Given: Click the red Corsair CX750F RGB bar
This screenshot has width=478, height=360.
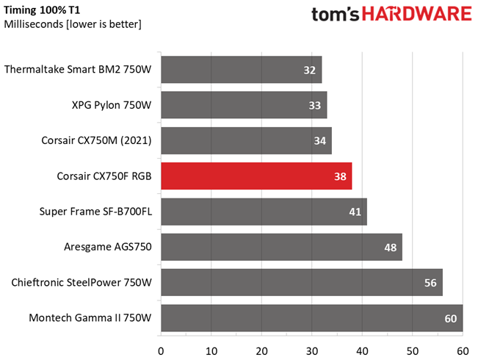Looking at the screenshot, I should (x=256, y=176).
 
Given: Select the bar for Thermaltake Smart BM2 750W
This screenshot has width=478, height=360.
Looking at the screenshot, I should (x=241, y=71).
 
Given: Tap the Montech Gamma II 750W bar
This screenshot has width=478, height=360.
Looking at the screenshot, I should (x=311, y=318).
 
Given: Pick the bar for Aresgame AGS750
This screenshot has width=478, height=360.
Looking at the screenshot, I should (x=281, y=247).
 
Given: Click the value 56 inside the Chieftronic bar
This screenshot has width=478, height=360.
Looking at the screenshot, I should (x=430, y=283).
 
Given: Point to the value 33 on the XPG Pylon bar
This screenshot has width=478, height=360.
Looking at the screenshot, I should (x=314, y=106).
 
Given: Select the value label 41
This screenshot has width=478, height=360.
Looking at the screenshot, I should (x=355, y=212).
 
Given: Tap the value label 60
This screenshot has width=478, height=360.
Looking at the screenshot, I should (x=450, y=318).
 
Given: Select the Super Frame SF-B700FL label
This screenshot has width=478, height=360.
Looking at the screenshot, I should (x=95, y=212).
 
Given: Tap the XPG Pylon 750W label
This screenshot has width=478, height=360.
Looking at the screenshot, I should (x=112, y=106).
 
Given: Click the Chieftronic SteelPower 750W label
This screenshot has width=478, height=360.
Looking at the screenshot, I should (x=81, y=282).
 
